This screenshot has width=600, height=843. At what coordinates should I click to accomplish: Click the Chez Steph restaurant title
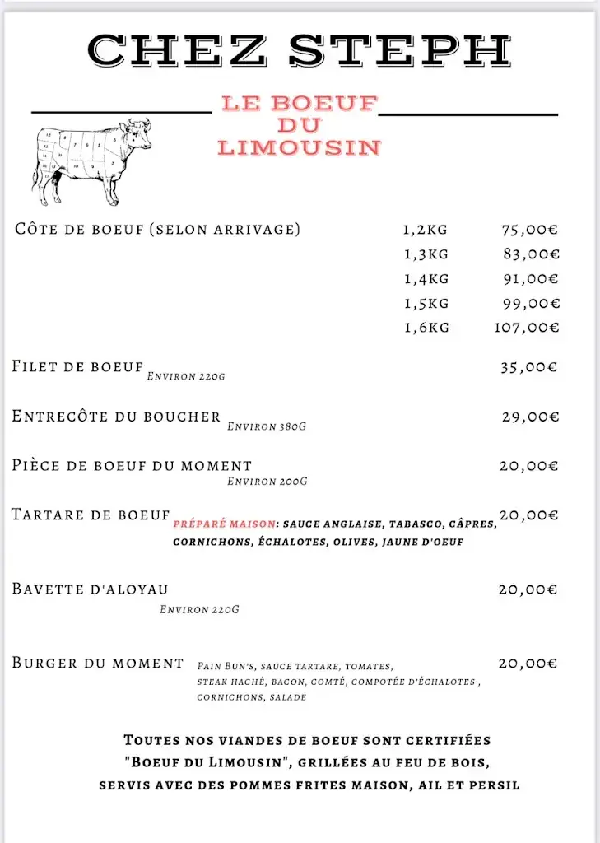300,50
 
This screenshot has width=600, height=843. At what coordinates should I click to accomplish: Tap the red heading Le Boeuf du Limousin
299,125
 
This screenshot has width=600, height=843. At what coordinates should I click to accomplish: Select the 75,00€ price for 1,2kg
530,230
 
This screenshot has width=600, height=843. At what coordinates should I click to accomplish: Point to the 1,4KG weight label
426,279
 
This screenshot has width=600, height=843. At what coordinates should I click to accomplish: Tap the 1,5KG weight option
426,304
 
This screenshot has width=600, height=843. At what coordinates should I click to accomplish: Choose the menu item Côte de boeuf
157,229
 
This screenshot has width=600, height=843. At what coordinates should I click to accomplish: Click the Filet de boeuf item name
77,366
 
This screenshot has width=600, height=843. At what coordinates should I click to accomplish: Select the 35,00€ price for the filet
528,367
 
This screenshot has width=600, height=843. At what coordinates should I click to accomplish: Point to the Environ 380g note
267,426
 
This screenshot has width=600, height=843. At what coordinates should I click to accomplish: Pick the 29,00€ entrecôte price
530,417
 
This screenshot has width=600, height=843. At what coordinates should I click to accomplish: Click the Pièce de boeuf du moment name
132,465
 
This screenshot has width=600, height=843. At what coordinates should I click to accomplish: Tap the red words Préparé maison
225,524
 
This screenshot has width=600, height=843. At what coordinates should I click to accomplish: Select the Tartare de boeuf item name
91,515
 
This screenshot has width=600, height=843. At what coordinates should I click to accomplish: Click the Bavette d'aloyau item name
90,589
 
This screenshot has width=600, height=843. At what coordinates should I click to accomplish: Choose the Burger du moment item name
97,663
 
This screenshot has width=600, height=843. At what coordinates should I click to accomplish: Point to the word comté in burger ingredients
328,682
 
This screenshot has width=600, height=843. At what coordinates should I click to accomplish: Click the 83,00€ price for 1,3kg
531,254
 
